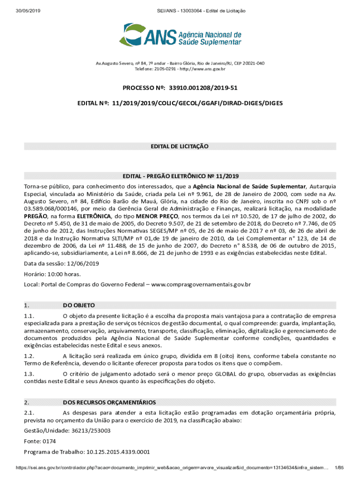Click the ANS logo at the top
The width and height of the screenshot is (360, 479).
[x=180, y=36]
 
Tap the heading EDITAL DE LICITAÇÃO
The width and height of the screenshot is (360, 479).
[x=180, y=146]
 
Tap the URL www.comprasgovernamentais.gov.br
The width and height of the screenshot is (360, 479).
[x=201, y=284]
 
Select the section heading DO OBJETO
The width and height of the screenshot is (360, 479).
[x=79, y=305]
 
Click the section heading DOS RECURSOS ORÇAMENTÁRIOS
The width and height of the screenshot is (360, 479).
[x=109, y=402]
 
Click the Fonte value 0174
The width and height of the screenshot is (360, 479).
[x=49, y=441]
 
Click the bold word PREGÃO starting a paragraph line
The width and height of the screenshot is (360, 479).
[x=36, y=216]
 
